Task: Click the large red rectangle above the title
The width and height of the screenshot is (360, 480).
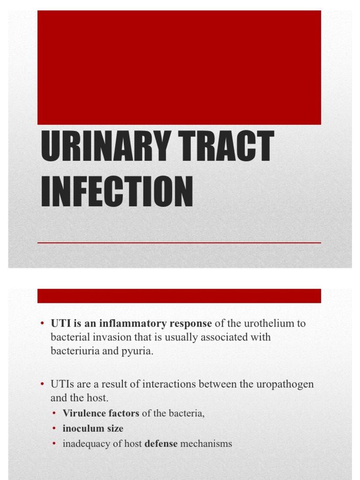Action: click(x=179, y=67)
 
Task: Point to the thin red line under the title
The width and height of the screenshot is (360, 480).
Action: click(x=179, y=243)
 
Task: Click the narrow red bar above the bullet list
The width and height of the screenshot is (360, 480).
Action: click(x=179, y=296)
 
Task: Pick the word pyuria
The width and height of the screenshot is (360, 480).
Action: click(x=139, y=352)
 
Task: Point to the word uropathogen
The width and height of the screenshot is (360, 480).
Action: click(x=285, y=384)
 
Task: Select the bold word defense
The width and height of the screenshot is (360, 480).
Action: click(x=161, y=443)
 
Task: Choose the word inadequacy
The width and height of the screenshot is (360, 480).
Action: click(x=86, y=443)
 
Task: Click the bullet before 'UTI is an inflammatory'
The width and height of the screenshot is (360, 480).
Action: click(x=42, y=323)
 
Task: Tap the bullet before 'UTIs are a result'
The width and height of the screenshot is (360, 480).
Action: click(x=42, y=384)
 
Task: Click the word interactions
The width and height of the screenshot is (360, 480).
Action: click(x=169, y=384)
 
